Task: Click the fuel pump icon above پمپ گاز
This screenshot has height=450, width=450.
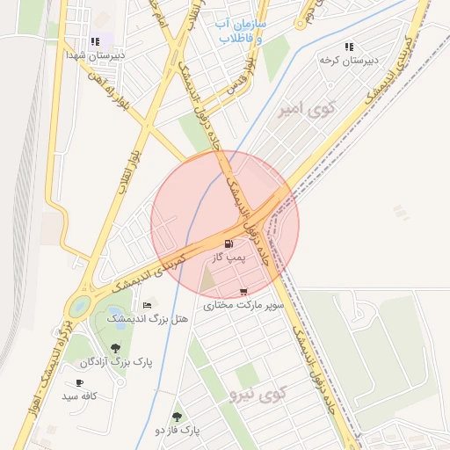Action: click(x=229, y=243)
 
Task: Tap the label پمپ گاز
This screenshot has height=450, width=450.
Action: click(x=229, y=258)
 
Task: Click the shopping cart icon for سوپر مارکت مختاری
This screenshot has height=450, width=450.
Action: click(x=243, y=292)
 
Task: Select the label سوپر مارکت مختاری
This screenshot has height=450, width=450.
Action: click(x=243, y=305)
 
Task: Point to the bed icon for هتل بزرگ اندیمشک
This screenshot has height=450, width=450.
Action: click(x=147, y=305)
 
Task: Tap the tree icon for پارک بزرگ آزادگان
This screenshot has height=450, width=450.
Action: click(x=116, y=348)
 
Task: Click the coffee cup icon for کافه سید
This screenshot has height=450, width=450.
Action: click(x=79, y=383)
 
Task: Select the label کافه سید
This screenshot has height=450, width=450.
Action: click(x=78, y=397)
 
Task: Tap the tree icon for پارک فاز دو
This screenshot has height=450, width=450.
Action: click(x=177, y=417)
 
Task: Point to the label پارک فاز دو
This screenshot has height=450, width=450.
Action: click(x=178, y=431)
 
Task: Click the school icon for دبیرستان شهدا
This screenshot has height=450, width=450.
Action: click(x=95, y=41)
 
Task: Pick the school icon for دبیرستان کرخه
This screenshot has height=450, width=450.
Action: click(x=349, y=47)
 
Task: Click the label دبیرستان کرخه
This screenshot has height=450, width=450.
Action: click(x=342, y=61)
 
